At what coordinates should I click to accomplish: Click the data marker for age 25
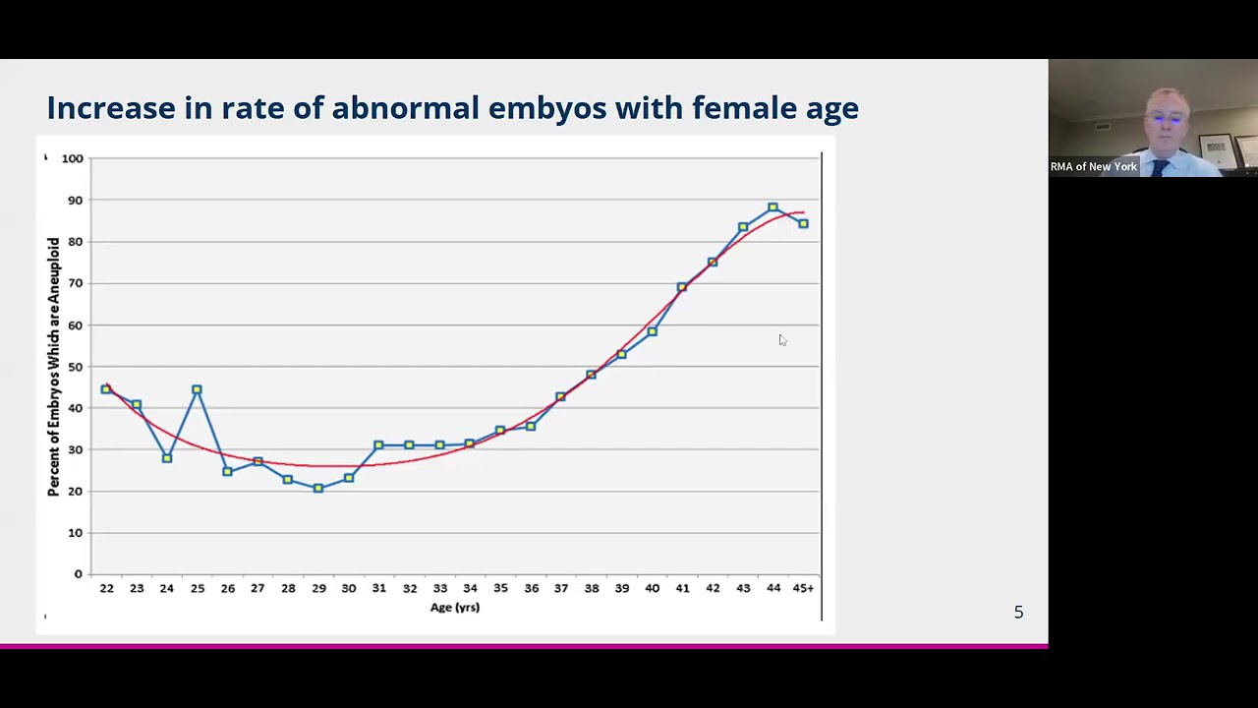point(198,390)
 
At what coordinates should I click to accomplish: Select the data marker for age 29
point(318,488)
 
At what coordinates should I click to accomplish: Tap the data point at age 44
point(773,207)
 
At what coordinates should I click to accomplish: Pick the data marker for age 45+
point(803,224)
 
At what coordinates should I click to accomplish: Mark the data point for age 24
point(167,458)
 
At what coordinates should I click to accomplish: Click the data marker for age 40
point(652,331)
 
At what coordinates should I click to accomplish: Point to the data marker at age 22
point(106,389)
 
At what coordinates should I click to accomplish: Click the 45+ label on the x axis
point(803,588)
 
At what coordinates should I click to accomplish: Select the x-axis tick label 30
point(349,588)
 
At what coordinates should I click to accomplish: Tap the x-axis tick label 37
point(560,588)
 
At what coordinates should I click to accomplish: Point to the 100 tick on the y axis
point(73,158)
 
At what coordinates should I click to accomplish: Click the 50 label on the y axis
point(76,367)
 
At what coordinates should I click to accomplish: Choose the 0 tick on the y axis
point(79,574)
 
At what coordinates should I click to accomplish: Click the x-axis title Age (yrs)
point(454,608)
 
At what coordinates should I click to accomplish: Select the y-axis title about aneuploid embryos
point(53,366)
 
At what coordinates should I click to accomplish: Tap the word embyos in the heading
point(547,107)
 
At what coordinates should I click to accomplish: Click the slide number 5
point(1018,613)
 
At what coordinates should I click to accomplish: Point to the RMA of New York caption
point(1093,166)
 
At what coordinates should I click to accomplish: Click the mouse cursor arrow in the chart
point(782,340)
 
